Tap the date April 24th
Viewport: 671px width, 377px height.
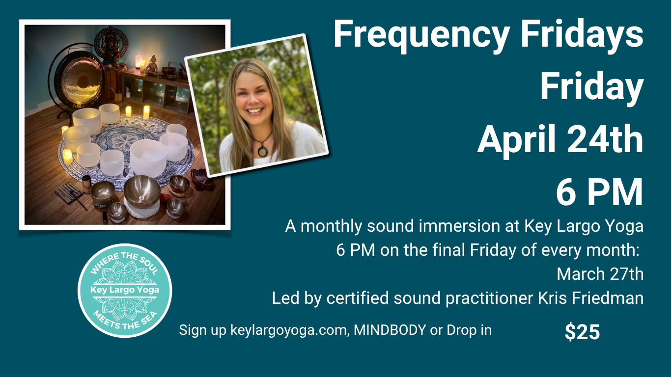pos(560,139)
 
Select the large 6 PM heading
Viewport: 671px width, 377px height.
pos(599,192)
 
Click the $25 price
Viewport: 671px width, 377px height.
pos(582,332)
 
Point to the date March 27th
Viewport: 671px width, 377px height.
pos(600,274)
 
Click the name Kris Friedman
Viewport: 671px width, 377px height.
pos(590,298)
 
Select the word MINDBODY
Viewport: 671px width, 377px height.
pos(390,330)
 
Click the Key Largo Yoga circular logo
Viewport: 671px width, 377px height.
pos(125,291)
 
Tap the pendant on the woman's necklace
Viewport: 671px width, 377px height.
pos(263,151)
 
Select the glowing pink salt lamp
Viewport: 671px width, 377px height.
pos(139,61)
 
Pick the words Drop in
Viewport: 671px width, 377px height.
pos(469,330)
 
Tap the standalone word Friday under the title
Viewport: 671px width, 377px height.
pos(591,87)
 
